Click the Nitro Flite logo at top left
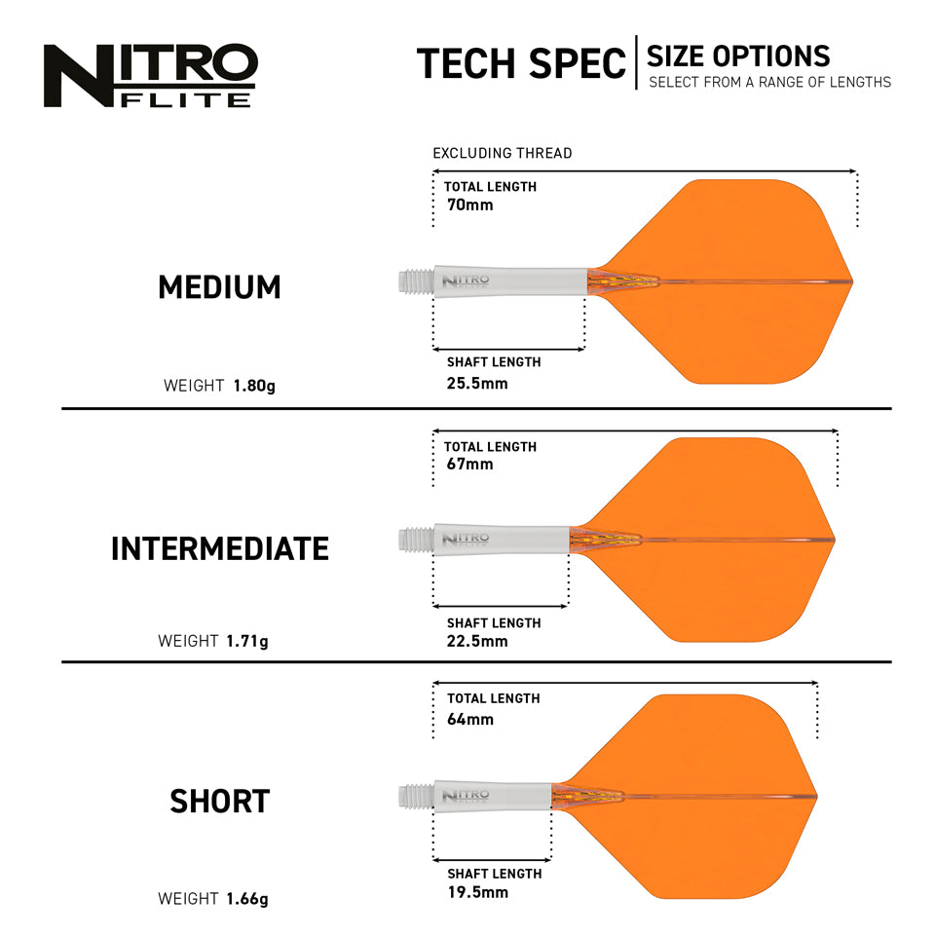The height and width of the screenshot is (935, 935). click(150, 74)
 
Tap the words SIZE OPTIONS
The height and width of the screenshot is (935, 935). click(738, 56)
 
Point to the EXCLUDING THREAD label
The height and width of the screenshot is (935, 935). click(503, 153)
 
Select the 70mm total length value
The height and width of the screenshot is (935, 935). click(470, 205)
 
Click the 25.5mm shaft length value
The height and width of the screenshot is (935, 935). click(477, 383)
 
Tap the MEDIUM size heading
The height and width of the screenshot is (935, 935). click(219, 287)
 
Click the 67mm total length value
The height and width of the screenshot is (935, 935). click(470, 464)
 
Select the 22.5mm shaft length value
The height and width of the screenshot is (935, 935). click(477, 641)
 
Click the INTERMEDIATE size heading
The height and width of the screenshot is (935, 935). click(219, 549)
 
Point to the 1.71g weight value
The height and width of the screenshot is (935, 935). click(247, 642)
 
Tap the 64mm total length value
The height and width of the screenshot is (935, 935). click(470, 720)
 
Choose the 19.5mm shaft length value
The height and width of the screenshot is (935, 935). click(477, 892)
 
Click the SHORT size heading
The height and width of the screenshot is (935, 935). click(219, 802)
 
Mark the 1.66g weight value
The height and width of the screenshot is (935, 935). click(247, 899)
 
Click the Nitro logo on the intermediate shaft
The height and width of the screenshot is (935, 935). click(466, 539)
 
